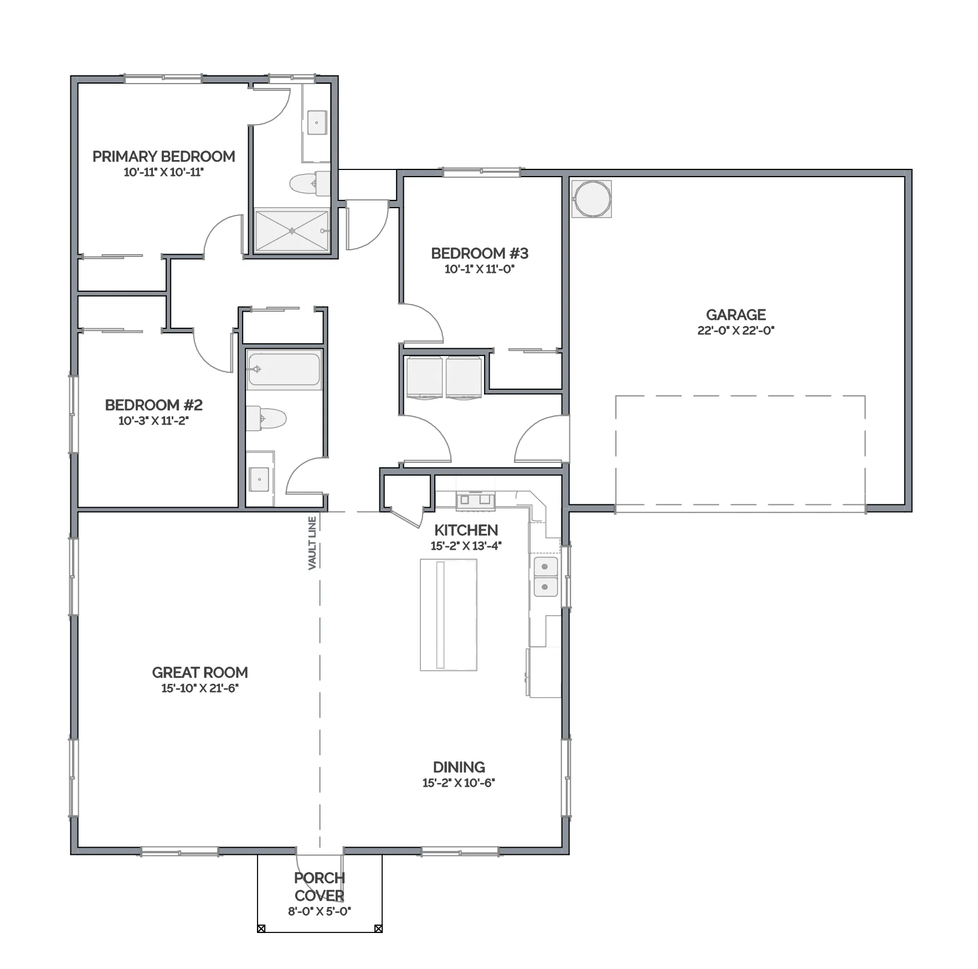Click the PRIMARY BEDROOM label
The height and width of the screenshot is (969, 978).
point(164,157)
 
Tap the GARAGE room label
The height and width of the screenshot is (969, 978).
point(736,315)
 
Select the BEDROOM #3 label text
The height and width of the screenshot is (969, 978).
point(480,254)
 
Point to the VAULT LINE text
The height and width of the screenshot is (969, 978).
point(312,543)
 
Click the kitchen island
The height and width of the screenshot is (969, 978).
point(449,615)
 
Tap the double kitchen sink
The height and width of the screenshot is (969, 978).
point(545,576)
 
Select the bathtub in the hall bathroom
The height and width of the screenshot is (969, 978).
point(284,369)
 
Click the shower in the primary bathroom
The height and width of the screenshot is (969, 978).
point(292,230)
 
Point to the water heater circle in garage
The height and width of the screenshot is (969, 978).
point(592,198)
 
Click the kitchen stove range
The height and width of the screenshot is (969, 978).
point(475,499)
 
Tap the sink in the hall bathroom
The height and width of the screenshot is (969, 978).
point(259,480)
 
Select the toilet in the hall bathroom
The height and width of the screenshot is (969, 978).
point(266,419)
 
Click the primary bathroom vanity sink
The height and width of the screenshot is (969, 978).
point(317,122)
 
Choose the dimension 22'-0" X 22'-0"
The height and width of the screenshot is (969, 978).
point(736,331)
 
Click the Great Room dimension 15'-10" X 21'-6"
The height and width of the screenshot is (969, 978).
point(200,688)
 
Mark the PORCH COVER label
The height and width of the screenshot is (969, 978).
point(320,886)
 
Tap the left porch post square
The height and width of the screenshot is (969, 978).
point(261,929)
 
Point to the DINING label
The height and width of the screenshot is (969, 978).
point(459,767)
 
